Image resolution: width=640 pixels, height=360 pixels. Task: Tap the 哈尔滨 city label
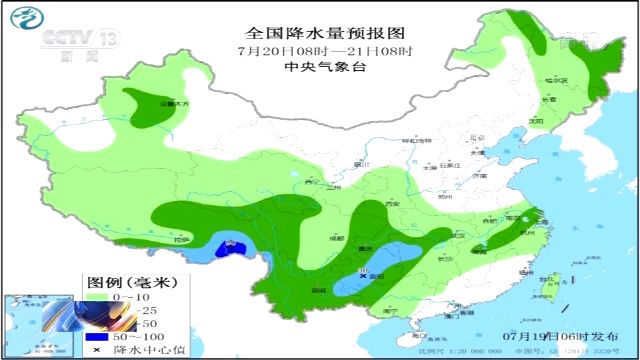coord(556,80)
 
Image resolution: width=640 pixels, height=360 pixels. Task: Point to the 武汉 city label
coord(459,236)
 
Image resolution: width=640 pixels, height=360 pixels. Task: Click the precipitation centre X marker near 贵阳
coord(364,274)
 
